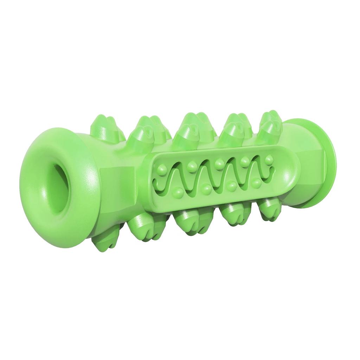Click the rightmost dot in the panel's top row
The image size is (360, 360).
(x=269, y=159)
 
